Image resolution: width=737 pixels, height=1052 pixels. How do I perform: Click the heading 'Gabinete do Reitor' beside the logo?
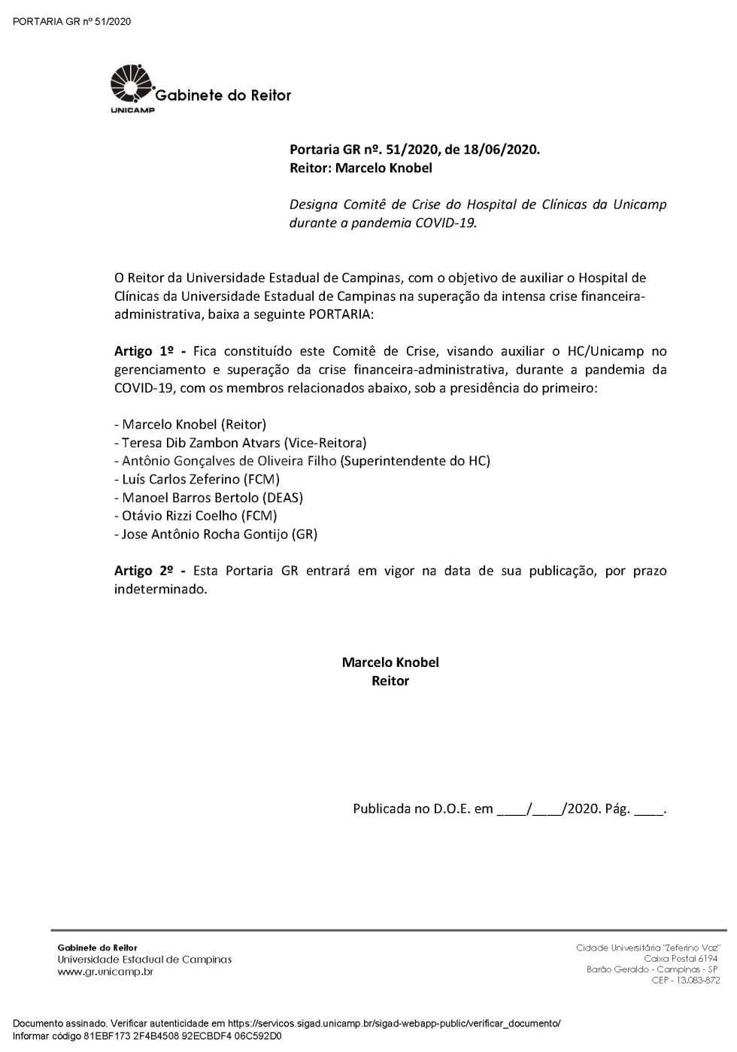point(223,95)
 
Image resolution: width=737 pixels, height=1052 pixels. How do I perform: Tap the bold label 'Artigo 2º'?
point(144,571)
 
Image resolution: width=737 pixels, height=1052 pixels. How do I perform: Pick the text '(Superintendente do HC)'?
point(415,461)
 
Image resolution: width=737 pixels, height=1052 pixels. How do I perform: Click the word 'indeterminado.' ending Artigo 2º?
point(160,590)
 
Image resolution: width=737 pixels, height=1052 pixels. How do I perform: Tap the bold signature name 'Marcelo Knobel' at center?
point(390,662)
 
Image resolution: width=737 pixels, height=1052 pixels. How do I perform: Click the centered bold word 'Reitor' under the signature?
point(390,681)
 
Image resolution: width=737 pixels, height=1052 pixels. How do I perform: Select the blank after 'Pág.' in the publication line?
point(649,811)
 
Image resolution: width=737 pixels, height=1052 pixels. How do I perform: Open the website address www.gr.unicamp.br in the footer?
point(105,972)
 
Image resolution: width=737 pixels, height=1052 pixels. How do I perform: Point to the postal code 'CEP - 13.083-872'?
point(685,981)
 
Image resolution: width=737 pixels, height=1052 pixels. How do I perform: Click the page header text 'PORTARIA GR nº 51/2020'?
point(72,21)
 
